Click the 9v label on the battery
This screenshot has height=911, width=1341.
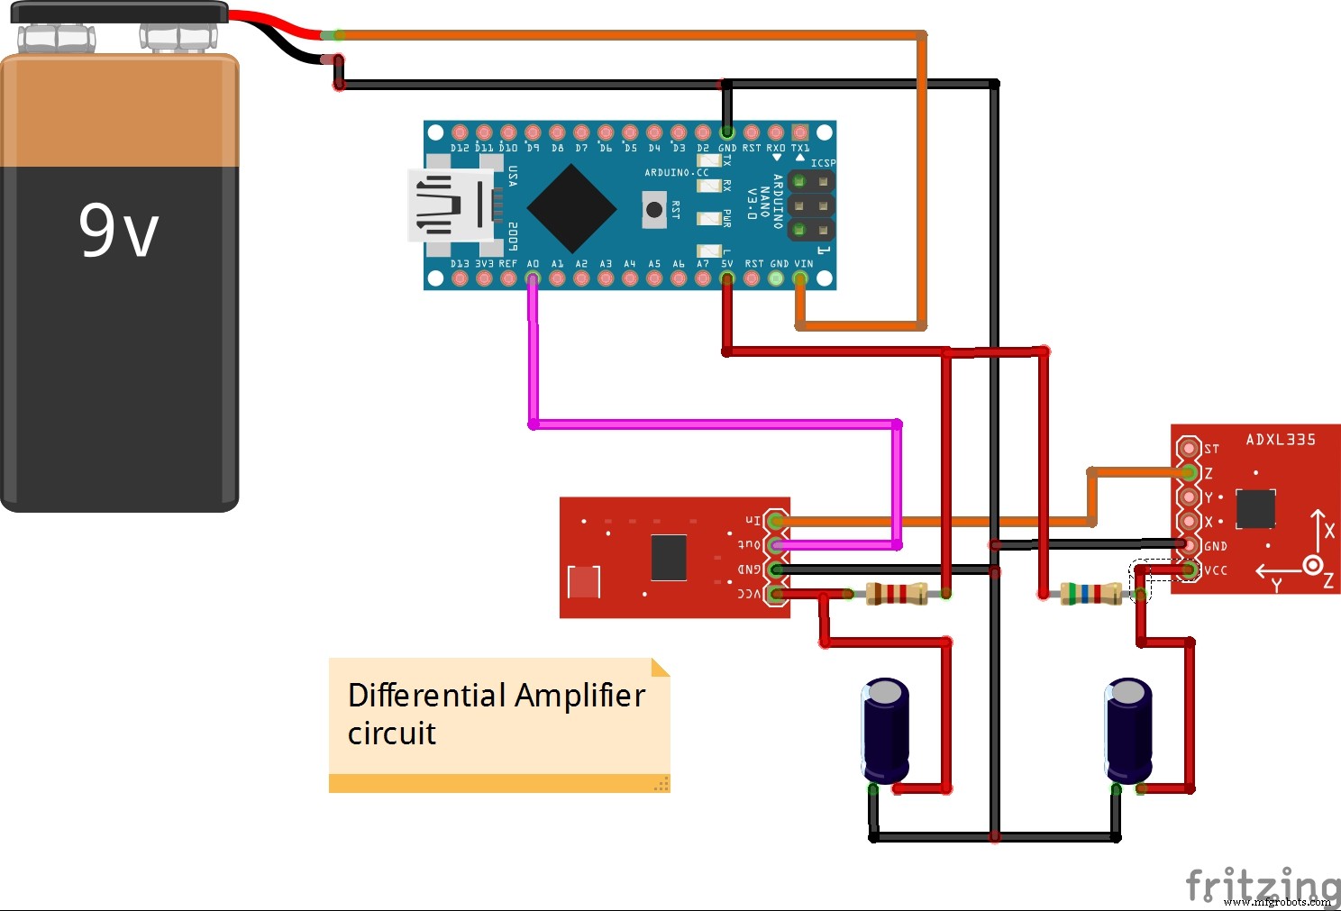point(118,231)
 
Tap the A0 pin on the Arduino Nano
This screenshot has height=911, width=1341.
point(533,278)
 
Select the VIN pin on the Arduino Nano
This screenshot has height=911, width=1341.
point(800,278)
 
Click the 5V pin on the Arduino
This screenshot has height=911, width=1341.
point(727,278)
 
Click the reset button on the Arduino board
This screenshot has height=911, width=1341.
point(654,210)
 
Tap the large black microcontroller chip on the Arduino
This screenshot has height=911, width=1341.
point(571,207)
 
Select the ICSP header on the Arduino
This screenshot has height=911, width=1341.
point(811,205)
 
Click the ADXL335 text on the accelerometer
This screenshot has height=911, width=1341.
point(1281,440)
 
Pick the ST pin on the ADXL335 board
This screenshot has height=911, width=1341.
point(1189,448)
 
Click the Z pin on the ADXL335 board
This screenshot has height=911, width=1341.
point(1189,472)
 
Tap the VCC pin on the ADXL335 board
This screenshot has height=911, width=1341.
point(1189,569)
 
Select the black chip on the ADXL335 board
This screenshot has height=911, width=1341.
point(1255,509)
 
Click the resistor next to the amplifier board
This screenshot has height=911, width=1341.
point(897,593)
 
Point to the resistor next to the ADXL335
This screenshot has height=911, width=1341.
point(1090,593)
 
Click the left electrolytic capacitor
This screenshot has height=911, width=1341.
point(885,731)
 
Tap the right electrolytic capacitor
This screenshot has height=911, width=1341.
point(1127,731)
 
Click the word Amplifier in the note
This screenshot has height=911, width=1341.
point(579,696)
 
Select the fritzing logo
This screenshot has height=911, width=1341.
point(1262,885)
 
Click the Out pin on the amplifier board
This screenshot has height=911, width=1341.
point(775,544)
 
